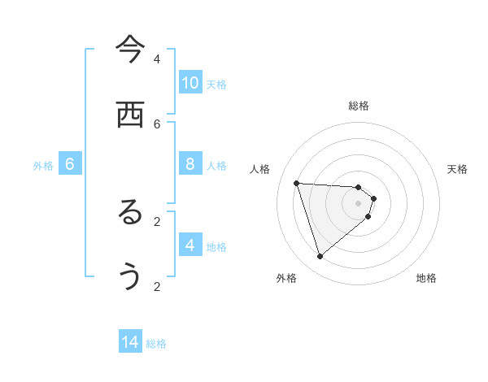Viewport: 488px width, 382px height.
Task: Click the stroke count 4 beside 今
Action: click(x=157, y=59)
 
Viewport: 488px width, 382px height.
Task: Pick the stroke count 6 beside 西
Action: click(x=157, y=124)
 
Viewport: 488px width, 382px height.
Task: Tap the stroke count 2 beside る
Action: click(x=157, y=221)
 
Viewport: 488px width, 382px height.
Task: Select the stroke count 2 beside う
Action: click(x=157, y=286)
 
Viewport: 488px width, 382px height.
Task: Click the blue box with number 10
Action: click(x=190, y=83)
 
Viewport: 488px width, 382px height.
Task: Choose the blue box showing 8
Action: click(x=190, y=164)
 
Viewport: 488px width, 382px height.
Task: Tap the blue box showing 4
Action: click(x=190, y=245)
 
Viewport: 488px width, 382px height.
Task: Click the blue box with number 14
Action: click(x=130, y=342)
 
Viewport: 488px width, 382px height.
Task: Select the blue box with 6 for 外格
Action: click(x=70, y=164)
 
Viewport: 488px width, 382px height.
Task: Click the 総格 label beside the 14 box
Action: click(x=156, y=344)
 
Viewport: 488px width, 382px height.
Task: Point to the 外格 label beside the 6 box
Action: click(x=43, y=166)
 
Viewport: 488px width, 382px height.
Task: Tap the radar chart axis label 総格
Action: click(x=359, y=106)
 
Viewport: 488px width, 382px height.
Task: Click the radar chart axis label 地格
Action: click(x=426, y=278)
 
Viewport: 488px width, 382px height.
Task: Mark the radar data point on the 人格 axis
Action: click(x=297, y=183)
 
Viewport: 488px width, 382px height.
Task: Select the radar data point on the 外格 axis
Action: click(x=320, y=257)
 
